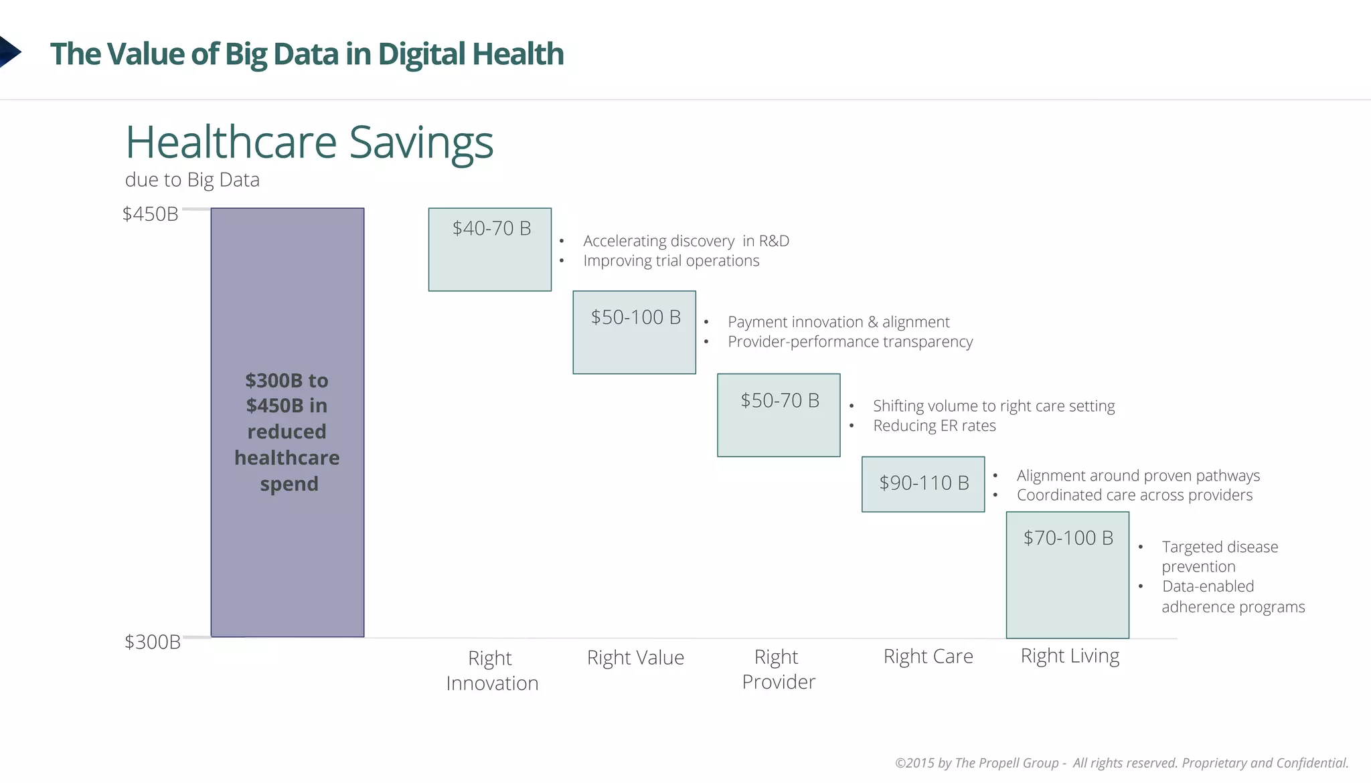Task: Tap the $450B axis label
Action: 150,214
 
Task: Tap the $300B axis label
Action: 153,642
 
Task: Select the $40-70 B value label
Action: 491,228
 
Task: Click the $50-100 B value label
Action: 635,317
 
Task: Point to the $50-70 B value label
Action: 780,400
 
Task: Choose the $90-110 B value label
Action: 924,483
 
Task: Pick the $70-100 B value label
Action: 1068,537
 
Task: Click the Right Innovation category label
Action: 492,670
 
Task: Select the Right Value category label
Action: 635,658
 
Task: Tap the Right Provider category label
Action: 779,669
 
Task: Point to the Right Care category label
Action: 928,657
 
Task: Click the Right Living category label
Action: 1070,656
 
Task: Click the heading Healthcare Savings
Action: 309,143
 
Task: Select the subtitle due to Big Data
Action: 192,180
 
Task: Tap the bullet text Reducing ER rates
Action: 934,426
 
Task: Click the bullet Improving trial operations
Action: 671,260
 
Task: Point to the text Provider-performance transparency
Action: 850,341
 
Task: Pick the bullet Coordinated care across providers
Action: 1134,495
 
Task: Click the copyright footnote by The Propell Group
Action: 1121,763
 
